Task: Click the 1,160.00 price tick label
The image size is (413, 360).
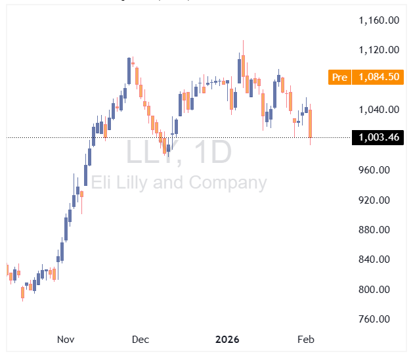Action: [379, 20]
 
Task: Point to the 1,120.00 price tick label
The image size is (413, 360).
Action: [379, 50]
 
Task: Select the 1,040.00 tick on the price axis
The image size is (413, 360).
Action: [379, 110]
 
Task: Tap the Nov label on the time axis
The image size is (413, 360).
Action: [65, 340]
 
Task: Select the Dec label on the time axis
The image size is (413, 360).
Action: [140, 340]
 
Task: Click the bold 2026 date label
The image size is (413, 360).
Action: [227, 340]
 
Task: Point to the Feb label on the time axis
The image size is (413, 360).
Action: [305, 340]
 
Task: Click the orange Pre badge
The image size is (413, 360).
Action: [339, 77]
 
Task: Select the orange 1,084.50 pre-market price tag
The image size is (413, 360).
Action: [376, 77]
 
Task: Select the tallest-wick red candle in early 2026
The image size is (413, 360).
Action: [243, 66]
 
